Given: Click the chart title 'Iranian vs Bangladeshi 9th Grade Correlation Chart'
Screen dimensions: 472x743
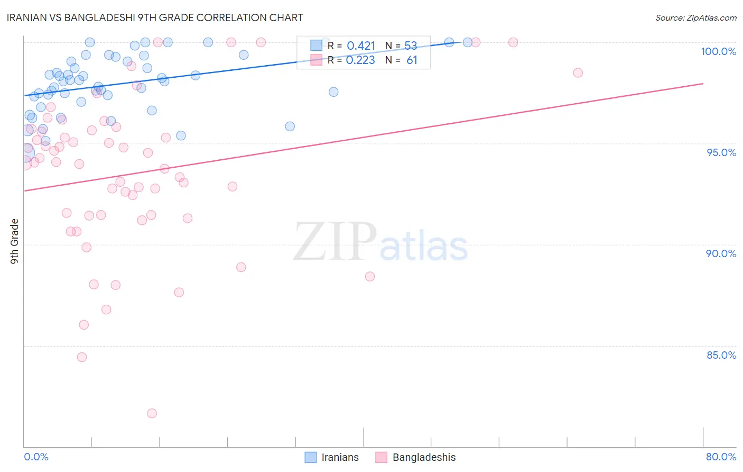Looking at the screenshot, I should coord(155,17).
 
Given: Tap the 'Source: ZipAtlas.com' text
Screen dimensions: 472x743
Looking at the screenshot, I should coord(695,17).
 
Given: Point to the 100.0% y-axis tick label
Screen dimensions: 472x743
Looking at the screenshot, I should coord(718,51).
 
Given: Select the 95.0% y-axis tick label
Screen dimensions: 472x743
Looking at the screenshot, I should coord(721,152).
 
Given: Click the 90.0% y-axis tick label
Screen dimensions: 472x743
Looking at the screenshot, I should coord(721,253).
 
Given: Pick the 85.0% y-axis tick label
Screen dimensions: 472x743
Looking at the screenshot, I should coord(721,355).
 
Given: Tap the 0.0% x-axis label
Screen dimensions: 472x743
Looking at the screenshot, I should coord(36,457).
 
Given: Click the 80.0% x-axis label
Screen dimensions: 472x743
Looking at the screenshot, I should coord(721,457).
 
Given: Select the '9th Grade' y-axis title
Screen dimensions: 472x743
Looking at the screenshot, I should coord(15,241).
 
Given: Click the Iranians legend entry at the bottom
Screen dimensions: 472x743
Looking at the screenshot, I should coord(332,457).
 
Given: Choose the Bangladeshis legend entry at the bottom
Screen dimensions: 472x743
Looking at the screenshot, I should coord(416,457).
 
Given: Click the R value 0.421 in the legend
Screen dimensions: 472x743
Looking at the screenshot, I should coord(361,46).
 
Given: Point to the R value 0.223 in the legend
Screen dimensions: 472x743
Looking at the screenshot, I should coord(360,60).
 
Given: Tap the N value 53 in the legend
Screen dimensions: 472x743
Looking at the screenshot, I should coord(411,46).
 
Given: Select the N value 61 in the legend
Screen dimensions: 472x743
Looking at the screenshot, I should coord(412,60).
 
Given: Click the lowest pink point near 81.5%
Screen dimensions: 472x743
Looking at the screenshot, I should coord(152,413).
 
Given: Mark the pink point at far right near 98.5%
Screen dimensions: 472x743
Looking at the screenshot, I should coord(578,72).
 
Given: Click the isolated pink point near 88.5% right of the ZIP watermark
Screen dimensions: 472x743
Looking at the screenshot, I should coord(370,276).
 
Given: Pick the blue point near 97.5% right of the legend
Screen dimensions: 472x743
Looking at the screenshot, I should coord(333,92).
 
